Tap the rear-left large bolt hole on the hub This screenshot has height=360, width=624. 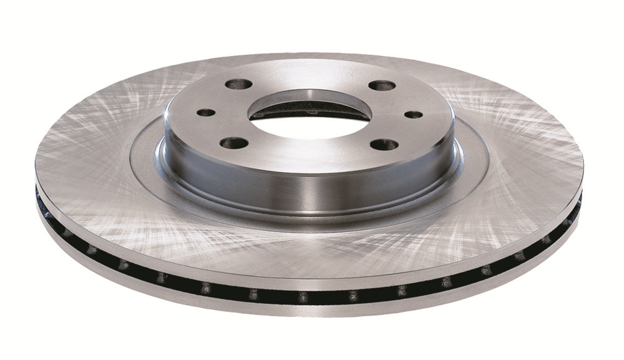[239, 84]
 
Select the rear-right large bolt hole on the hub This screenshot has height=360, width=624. [381, 85]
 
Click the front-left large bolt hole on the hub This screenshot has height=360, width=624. [234, 143]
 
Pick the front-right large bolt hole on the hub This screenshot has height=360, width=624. [384, 145]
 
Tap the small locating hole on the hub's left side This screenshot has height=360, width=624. [206, 113]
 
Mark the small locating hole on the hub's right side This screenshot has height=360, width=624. [414, 115]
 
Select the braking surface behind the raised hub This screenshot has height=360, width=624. [312, 62]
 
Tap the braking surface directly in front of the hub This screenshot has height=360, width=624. [312, 250]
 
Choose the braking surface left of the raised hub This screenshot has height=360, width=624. [94, 162]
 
